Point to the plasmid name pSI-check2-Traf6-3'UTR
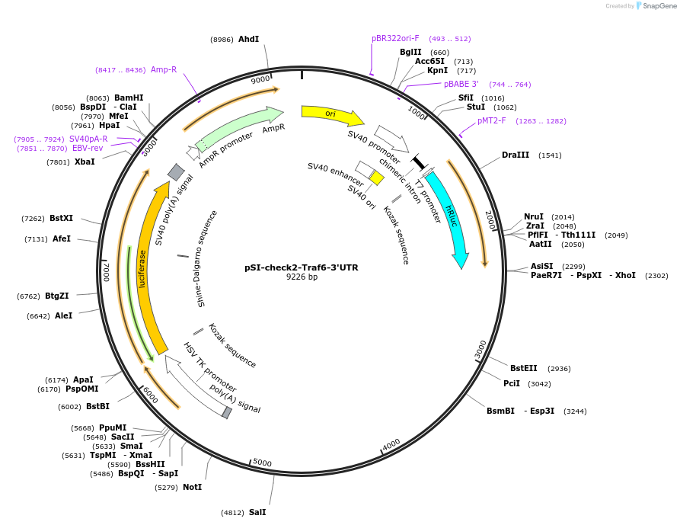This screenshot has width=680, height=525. coord(302,267)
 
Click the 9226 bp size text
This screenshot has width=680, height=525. coord(302,277)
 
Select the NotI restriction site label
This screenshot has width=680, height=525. coord(193,487)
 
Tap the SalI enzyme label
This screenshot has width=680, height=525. coord(257,512)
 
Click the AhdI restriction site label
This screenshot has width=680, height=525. coord(248,39)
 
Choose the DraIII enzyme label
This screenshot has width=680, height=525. coord(516,155)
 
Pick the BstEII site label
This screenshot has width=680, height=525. coord(523,368)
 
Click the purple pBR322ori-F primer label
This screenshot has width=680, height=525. coord(395,38)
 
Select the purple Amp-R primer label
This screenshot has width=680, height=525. coord(164,69)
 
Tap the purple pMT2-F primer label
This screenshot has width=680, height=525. coord(491,120)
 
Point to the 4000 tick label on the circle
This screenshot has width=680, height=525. coord(391,445)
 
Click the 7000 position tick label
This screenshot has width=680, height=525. coord(106,272)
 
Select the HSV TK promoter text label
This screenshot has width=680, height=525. coord(209,367)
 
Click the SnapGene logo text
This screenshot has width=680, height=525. coord(659,5)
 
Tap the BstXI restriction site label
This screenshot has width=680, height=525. coord(61,218)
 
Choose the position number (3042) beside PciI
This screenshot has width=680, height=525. coord(539,384)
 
